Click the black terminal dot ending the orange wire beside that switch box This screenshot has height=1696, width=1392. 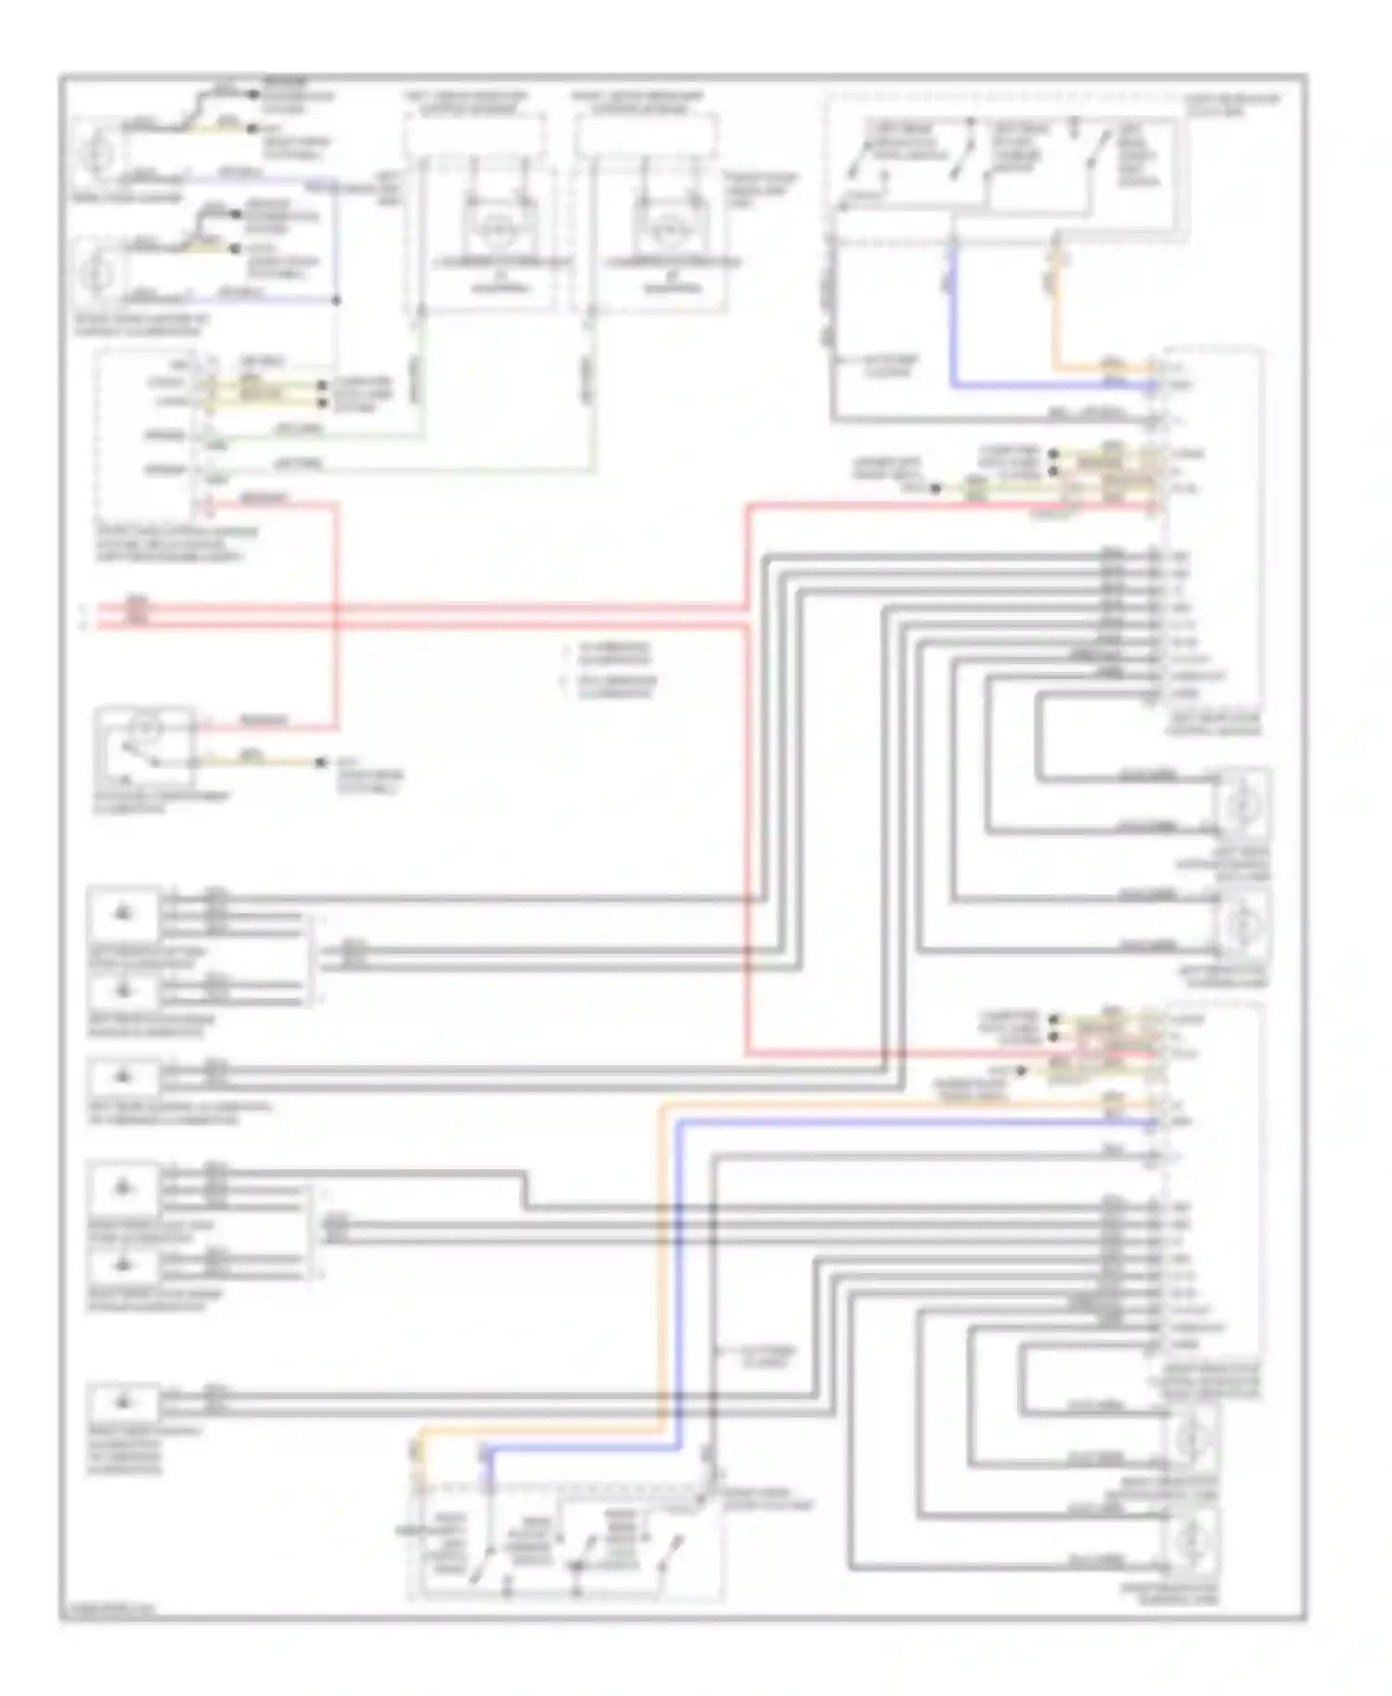321,763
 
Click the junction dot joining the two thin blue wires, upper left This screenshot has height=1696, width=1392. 336,300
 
